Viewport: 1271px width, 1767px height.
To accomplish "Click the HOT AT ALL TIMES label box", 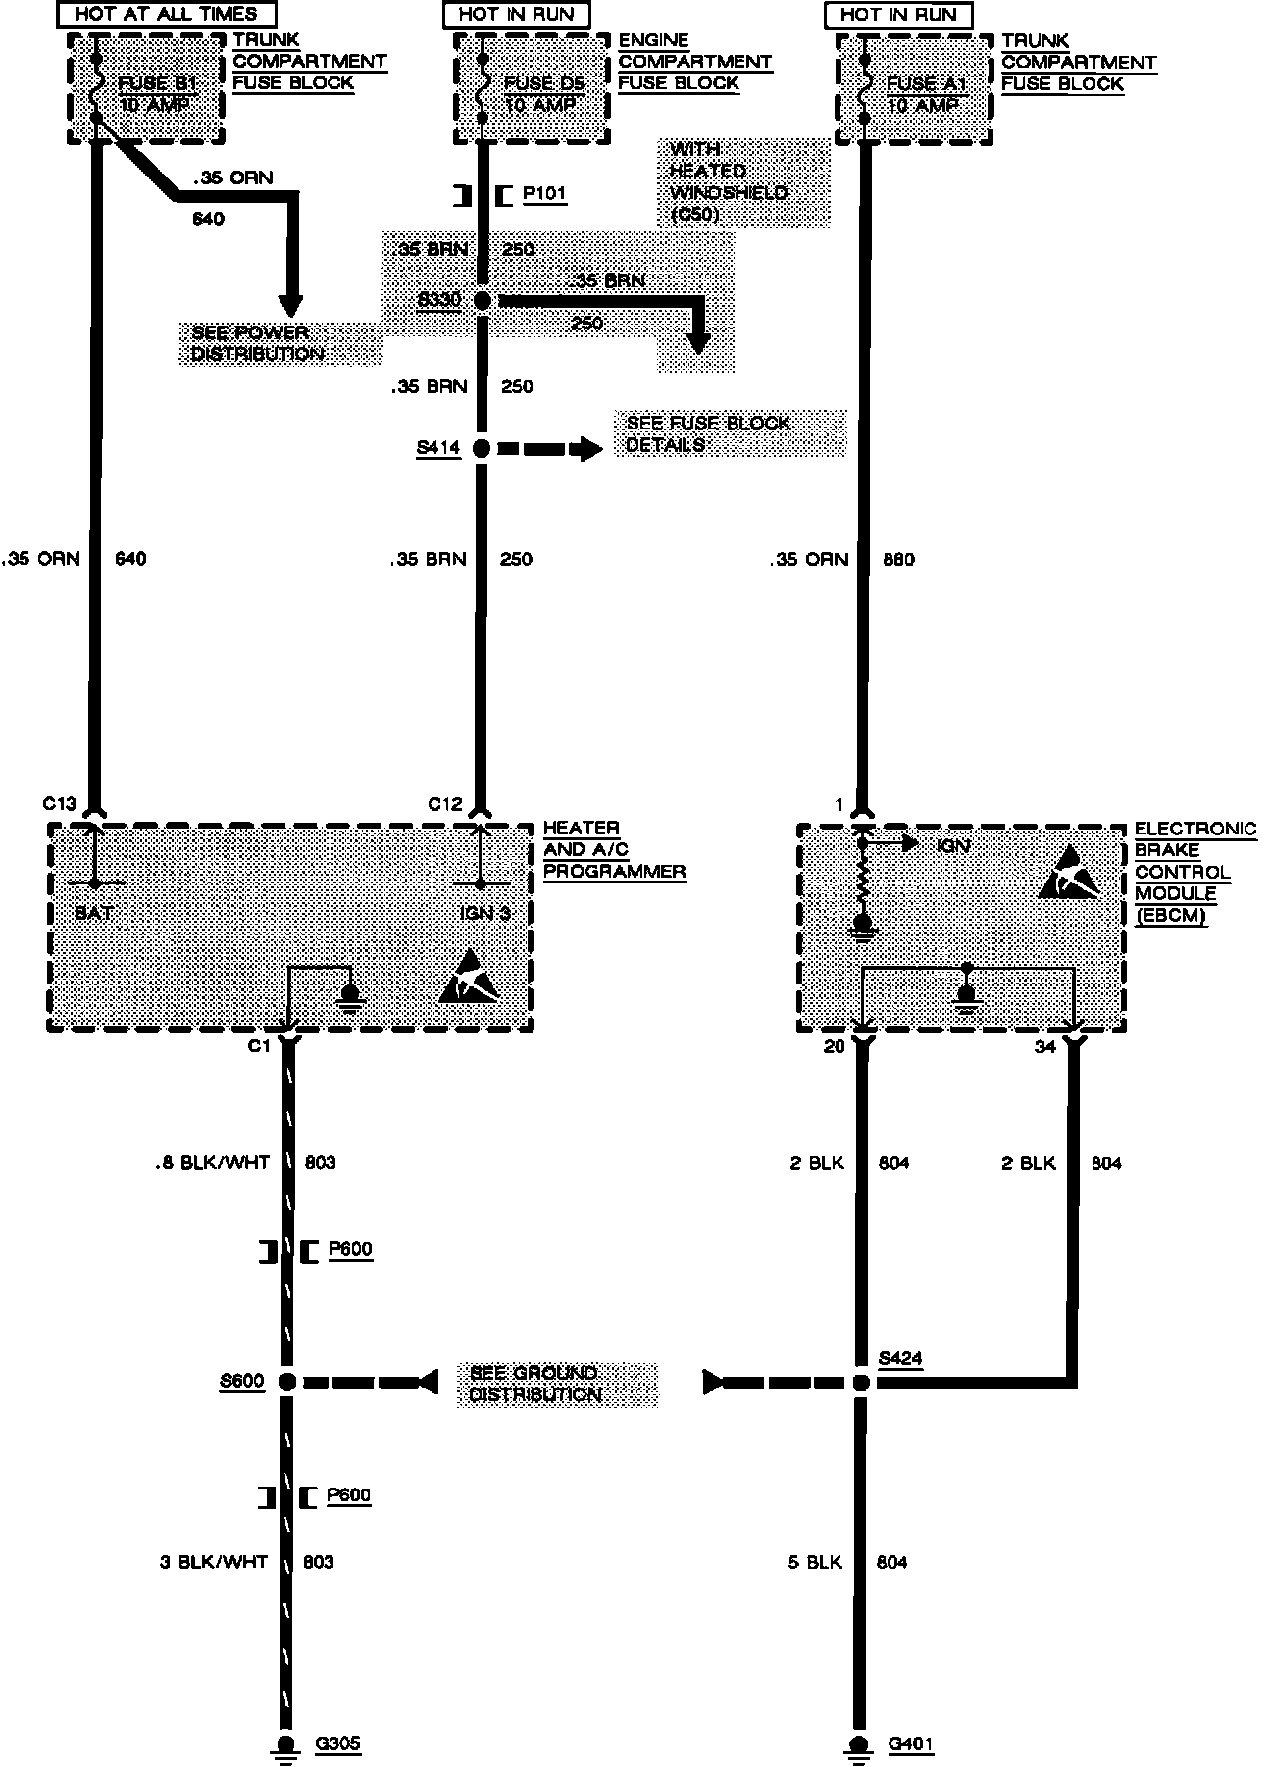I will [166, 15].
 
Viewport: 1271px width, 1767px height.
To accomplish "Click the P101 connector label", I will [544, 194].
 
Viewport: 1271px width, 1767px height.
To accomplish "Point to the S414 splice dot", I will [481, 449].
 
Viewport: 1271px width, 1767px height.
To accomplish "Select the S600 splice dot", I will [286, 1383].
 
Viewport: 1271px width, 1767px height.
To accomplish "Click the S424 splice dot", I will [860, 1383].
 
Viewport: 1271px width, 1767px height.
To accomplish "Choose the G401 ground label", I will [910, 1743].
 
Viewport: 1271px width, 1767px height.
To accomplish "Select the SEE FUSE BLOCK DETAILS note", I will [708, 433].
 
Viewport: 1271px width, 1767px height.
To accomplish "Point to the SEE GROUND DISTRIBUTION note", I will [534, 1383].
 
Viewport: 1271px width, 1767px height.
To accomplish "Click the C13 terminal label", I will [59, 804].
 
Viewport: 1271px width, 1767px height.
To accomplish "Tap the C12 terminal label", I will [444, 804].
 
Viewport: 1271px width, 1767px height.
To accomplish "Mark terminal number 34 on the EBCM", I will [1045, 1047].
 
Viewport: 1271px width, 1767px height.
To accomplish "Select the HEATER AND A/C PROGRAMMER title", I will [614, 849].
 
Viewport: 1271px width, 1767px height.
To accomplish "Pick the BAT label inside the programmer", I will [93, 913].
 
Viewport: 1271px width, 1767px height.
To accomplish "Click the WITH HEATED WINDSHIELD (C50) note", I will [728, 182].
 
